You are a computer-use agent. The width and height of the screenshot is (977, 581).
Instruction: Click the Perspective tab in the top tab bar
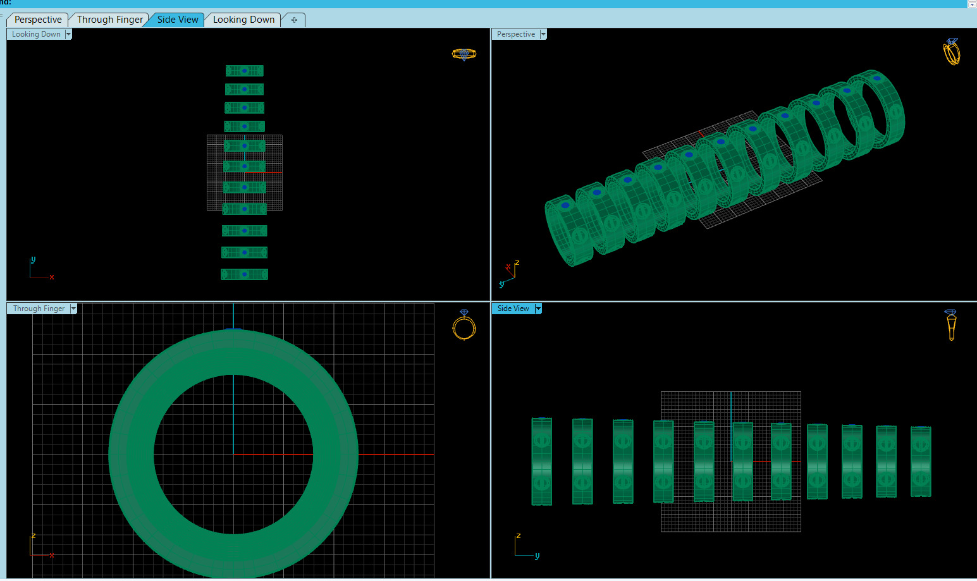(x=38, y=20)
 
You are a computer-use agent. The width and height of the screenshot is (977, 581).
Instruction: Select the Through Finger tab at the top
(x=110, y=20)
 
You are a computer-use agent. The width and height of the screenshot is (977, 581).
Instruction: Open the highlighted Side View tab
(x=178, y=20)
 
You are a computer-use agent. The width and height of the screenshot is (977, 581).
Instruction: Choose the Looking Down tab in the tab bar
(x=243, y=20)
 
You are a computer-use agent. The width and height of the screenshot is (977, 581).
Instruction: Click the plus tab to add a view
(x=294, y=20)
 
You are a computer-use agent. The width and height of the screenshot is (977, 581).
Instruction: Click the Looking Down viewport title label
(x=36, y=34)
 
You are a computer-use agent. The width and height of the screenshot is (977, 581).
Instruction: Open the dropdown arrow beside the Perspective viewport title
(x=543, y=34)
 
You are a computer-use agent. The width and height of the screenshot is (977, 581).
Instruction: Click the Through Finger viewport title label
(x=39, y=309)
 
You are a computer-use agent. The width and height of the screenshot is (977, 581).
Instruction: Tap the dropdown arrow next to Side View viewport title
(x=538, y=309)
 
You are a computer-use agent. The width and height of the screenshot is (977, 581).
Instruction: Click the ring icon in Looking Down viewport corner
(x=464, y=54)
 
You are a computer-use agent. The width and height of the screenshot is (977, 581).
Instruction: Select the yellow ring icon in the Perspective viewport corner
(x=951, y=52)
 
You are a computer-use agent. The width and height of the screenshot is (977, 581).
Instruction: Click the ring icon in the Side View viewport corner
(x=951, y=324)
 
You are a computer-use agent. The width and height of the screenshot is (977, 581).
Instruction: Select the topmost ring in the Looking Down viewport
(x=244, y=71)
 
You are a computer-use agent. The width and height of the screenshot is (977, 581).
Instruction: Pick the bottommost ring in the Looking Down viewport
(x=244, y=274)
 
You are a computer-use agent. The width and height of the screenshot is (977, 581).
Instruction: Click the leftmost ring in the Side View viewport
(x=542, y=462)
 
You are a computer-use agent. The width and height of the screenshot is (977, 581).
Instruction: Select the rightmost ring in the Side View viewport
(x=921, y=462)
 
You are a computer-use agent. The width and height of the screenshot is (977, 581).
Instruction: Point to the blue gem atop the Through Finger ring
(x=233, y=329)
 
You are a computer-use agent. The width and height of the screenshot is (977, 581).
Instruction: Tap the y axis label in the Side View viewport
(x=537, y=556)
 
